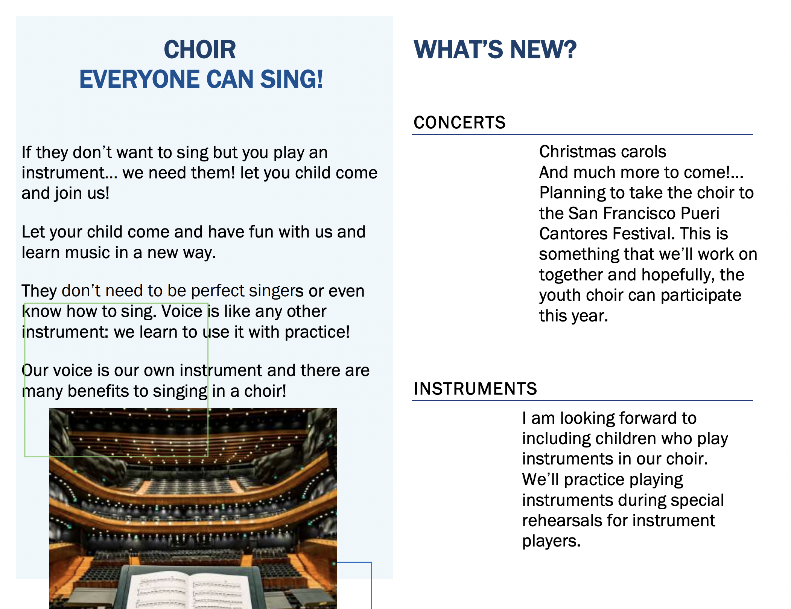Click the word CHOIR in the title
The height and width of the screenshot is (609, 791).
click(200, 50)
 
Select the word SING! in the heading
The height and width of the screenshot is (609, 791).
click(292, 79)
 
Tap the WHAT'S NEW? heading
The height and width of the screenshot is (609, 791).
click(495, 50)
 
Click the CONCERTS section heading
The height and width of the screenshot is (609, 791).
click(459, 123)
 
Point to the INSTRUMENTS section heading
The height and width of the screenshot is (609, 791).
click(475, 389)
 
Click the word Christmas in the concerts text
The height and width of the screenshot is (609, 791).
click(578, 152)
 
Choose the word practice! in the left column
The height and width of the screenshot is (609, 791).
click(317, 332)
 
